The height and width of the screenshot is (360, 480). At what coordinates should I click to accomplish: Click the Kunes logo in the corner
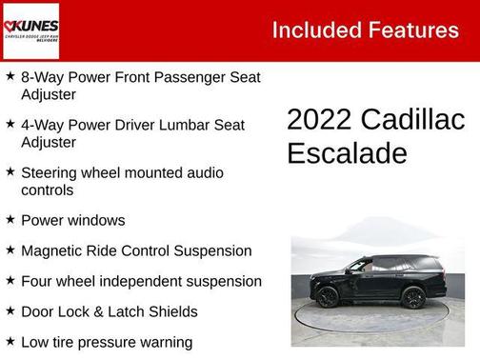tap(31, 30)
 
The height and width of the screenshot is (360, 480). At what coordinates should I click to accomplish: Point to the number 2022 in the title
tap(320, 120)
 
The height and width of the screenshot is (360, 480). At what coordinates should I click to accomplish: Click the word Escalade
tap(347, 153)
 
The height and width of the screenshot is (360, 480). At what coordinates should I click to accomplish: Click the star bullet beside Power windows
tap(10, 219)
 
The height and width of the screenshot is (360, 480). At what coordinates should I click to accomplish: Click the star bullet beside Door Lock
tap(10, 310)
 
